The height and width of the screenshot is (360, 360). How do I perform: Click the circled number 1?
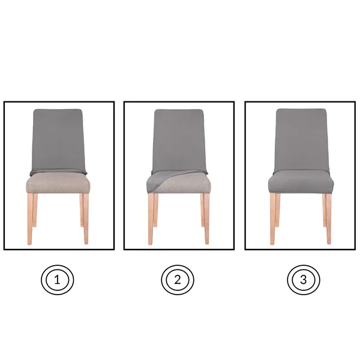pos(58,279)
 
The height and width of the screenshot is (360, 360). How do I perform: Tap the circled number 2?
pos(178,279)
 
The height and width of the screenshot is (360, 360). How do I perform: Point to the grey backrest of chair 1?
pos(58,138)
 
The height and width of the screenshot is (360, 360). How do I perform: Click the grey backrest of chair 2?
pos(179,138)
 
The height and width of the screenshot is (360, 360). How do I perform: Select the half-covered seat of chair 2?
pos(179,183)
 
